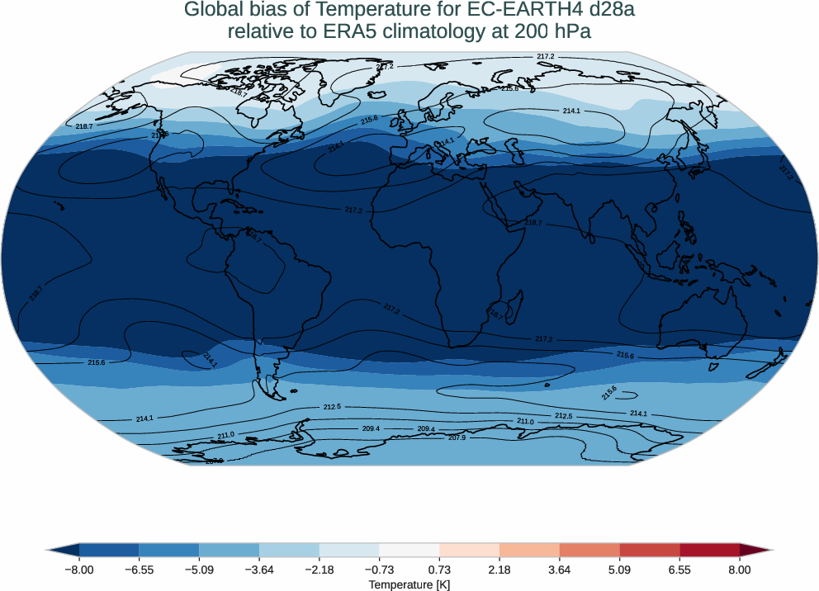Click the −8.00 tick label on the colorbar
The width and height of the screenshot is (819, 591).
pyautogui.click(x=79, y=570)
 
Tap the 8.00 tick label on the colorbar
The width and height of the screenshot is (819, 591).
pyautogui.click(x=740, y=570)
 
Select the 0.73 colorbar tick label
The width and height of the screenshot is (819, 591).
pyautogui.click(x=439, y=570)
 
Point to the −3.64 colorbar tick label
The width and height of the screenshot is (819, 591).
pyautogui.click(x=259, y=570)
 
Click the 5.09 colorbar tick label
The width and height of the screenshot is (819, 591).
pyautogui.click(x=619, y=570)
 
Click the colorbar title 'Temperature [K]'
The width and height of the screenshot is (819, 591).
pyautogui.click(x=409, y=584)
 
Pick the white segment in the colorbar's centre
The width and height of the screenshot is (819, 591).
pyautogui.click(x=409, y=550)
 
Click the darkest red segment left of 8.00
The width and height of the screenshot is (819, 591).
pyautogui.click(x=709, y=550)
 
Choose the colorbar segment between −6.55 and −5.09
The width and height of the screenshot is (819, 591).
pyautogui.click(x=169, y=550)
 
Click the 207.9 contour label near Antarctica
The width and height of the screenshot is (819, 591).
pyautogui.click(x=457, y=437)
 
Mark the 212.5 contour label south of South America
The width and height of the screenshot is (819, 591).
pyautogui.click(x=332, y=407)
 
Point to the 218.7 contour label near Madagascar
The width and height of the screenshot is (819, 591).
pyautogui.click(x=495, y=315)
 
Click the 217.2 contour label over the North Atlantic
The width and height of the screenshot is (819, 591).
pyautogui.click(x=353, y=210)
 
